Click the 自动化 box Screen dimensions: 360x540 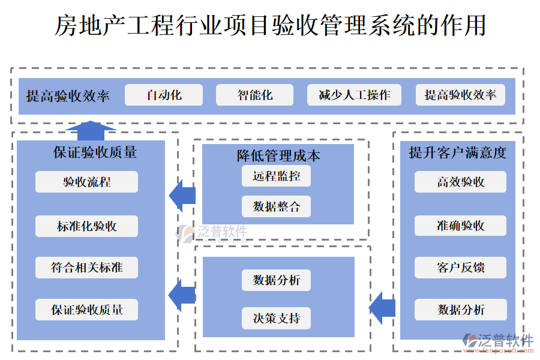(164, 95)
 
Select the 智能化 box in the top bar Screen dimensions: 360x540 (254, 95)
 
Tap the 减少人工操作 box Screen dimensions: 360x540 (354, 95)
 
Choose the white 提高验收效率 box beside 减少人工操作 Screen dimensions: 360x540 (460, 95)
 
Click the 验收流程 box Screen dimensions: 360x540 (86, 182)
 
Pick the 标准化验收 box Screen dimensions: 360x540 (86, 226)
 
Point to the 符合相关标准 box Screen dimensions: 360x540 (86, 268)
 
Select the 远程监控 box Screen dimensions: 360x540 (277, 176)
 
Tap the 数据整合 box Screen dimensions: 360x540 (277, 206)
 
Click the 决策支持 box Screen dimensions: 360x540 (277, 318)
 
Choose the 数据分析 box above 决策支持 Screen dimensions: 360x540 (277, 280)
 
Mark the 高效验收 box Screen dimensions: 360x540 (460, 182)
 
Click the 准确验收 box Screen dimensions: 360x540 (460, 226)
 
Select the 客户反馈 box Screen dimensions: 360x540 (460, 268)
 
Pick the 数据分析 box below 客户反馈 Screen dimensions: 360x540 (460, 310)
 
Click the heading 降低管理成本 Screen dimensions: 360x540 (278, 156)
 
